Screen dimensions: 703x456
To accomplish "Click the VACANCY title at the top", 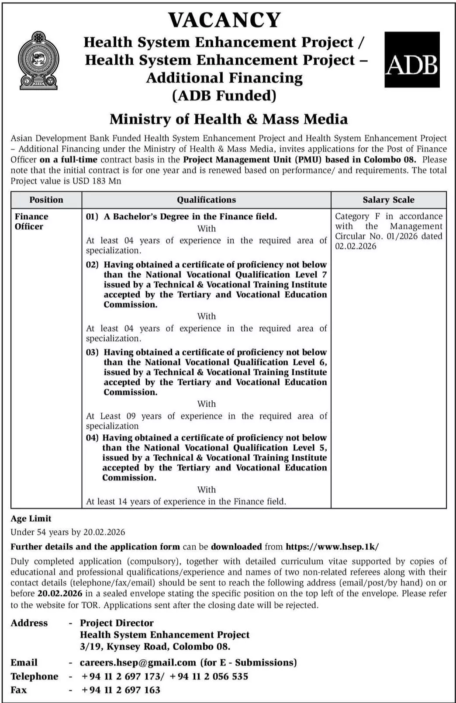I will coord(225,20).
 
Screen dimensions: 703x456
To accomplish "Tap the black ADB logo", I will coord(411,59).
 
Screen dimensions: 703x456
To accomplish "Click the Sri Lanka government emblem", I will coord(38,60).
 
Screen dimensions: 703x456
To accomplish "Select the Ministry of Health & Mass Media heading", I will coord(228,119).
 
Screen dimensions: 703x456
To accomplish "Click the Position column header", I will coord(46,200).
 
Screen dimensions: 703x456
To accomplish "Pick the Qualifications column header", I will coord(206,200).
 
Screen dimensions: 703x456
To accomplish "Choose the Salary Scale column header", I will coord(388,200).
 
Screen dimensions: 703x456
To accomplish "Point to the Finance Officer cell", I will coord(31,222).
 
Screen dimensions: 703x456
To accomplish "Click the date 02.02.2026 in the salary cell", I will coord(356,246).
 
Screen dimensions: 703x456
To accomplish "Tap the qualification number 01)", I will coord(92,217).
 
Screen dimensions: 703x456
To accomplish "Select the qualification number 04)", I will coord(91,438).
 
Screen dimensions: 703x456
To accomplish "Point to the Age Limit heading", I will coord(31,519).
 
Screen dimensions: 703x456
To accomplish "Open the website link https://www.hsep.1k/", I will coord(332,547).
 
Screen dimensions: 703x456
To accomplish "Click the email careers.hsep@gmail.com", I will coord(138,662).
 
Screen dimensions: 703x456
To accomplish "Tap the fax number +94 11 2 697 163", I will coord(121,690).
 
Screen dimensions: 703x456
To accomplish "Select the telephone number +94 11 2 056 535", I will coord(209,676).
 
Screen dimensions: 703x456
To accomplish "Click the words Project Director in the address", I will coord(117,623).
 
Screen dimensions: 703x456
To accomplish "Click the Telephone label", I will coord(35,676).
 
